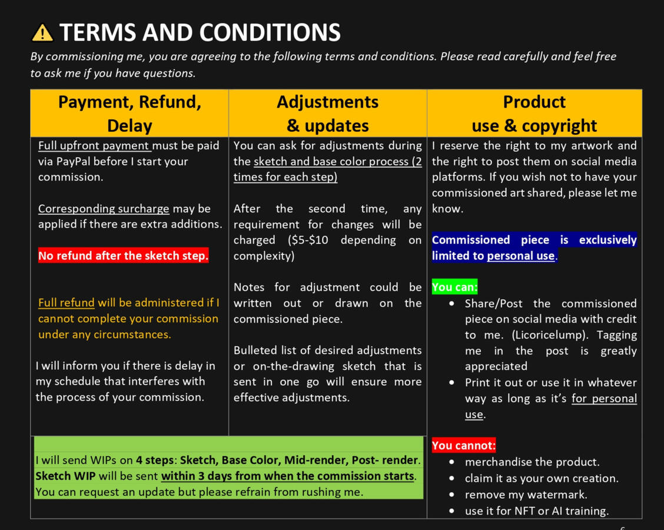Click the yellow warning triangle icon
(42, 33)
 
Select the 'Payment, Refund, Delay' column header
(130, 113)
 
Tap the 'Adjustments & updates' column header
(328, 113)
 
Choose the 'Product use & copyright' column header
(534, 113)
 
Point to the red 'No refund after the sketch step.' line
(123, 256)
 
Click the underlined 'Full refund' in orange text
(66, 303)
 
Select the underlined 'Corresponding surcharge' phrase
(104, 208)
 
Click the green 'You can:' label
(454, 287)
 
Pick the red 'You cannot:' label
(463, 446)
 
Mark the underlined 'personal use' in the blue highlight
(520, 256)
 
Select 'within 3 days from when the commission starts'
(288, 476)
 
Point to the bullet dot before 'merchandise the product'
(451, 462)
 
